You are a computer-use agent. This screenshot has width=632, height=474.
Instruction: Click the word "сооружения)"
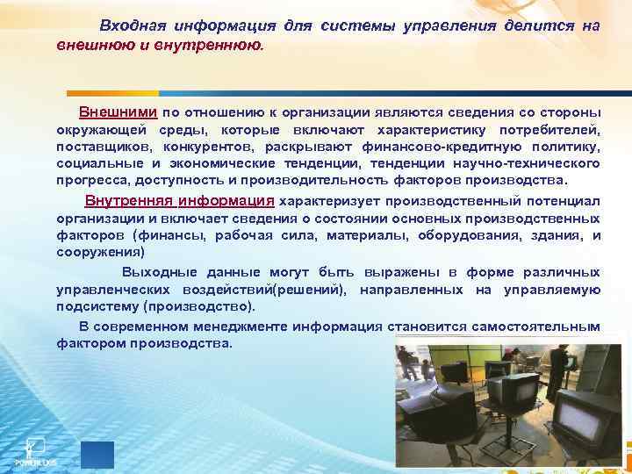97,251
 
